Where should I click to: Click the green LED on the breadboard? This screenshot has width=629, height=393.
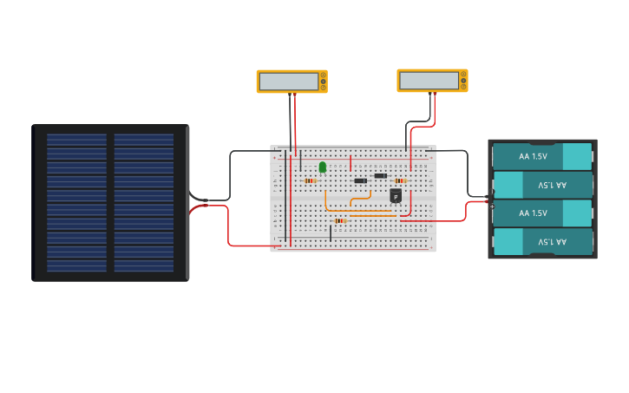(x=323, y=167)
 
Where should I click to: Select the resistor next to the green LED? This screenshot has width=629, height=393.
(x=310, y=180)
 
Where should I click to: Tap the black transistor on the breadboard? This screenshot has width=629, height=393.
(x=396, y=196)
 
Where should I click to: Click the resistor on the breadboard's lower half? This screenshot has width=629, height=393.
(x=339, y=220)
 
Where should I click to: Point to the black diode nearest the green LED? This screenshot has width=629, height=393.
(x=360, y=180)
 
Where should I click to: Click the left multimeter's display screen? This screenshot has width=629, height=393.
(x=289, y=82)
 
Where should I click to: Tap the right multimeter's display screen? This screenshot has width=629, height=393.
(x=429, y=81)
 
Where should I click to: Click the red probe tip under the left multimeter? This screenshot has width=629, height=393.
(x=295, y=95)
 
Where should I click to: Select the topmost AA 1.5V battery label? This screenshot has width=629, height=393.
(x=533, y=156)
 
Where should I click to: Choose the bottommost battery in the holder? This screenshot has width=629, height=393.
(x=542, y=241)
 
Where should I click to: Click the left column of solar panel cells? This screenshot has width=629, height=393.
(x=77, y=203)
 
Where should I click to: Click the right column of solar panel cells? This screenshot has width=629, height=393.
(x=144, y=203)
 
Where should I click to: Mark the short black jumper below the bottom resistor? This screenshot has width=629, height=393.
(x=331, y=233)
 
